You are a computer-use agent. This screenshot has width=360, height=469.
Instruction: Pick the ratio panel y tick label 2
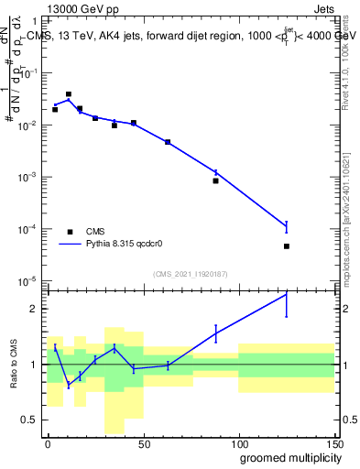click(x=38, y=309)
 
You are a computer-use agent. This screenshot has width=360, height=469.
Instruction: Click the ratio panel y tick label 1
click(x=38, y=365)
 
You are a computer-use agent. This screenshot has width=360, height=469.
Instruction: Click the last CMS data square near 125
click(x=287, y=246)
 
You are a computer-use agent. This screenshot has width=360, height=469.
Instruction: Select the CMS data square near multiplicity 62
click(x=168, y=142)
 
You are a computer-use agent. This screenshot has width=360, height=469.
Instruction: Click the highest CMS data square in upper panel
click(x=69, y=94)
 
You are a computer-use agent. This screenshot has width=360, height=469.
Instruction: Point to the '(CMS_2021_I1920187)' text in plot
click(x=190, y=274)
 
